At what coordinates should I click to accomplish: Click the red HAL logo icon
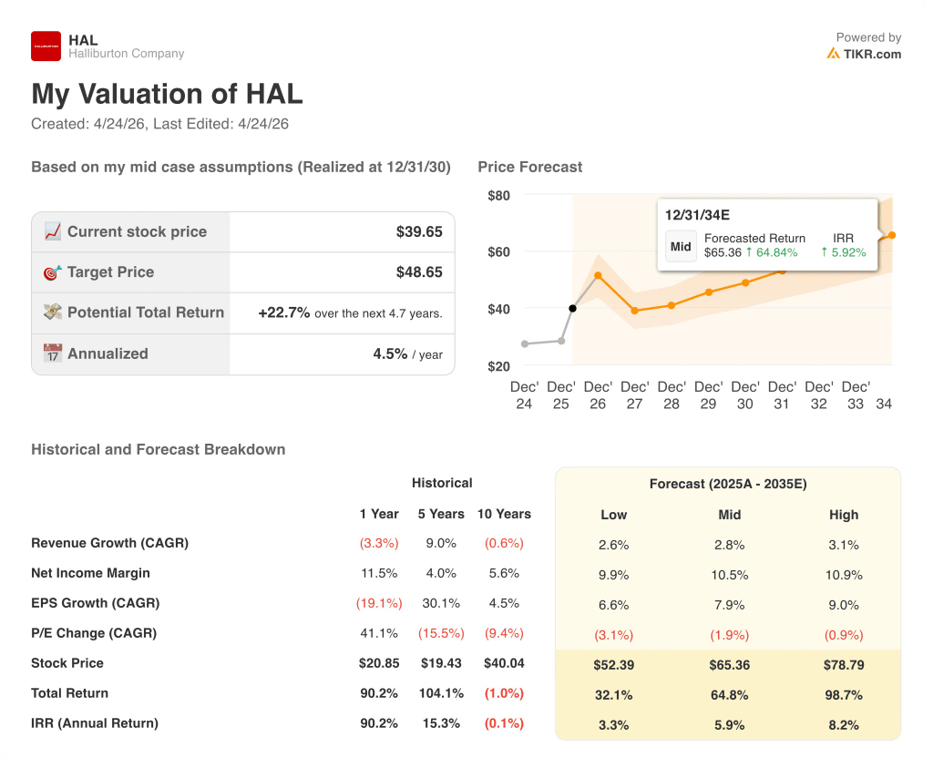(x=46, y=46)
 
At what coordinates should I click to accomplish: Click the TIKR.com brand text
(x=872, y=54)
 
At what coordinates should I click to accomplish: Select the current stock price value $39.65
(x=419, y=232)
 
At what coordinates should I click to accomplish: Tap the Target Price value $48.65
(x=419, y=272)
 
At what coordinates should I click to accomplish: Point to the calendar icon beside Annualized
(x=53, y=353)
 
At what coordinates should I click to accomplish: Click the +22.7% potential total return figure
(x=284, y=312)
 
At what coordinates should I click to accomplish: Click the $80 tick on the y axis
(x=498, y=196)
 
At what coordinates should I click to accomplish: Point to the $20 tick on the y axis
(x=498, y=366)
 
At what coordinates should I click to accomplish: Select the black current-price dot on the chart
(x=573, y=309)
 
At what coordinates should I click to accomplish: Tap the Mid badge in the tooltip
(x=682, y=246)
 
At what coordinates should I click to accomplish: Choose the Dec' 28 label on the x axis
(x=672, y=395)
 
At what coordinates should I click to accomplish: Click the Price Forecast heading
(x=529, y=167)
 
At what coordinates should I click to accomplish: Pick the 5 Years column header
(x=441, y=514)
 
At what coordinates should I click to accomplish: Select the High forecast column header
(x=844, y=515)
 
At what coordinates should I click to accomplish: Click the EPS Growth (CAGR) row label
(x=95, y=603)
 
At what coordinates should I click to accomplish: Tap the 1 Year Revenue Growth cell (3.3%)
(x=379, y=544)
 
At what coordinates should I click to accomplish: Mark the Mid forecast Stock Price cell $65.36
(x=729, y=665)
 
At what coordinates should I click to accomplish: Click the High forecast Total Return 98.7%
(x=844, y=695)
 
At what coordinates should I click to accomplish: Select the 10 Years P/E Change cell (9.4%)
(x=504, y=633)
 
